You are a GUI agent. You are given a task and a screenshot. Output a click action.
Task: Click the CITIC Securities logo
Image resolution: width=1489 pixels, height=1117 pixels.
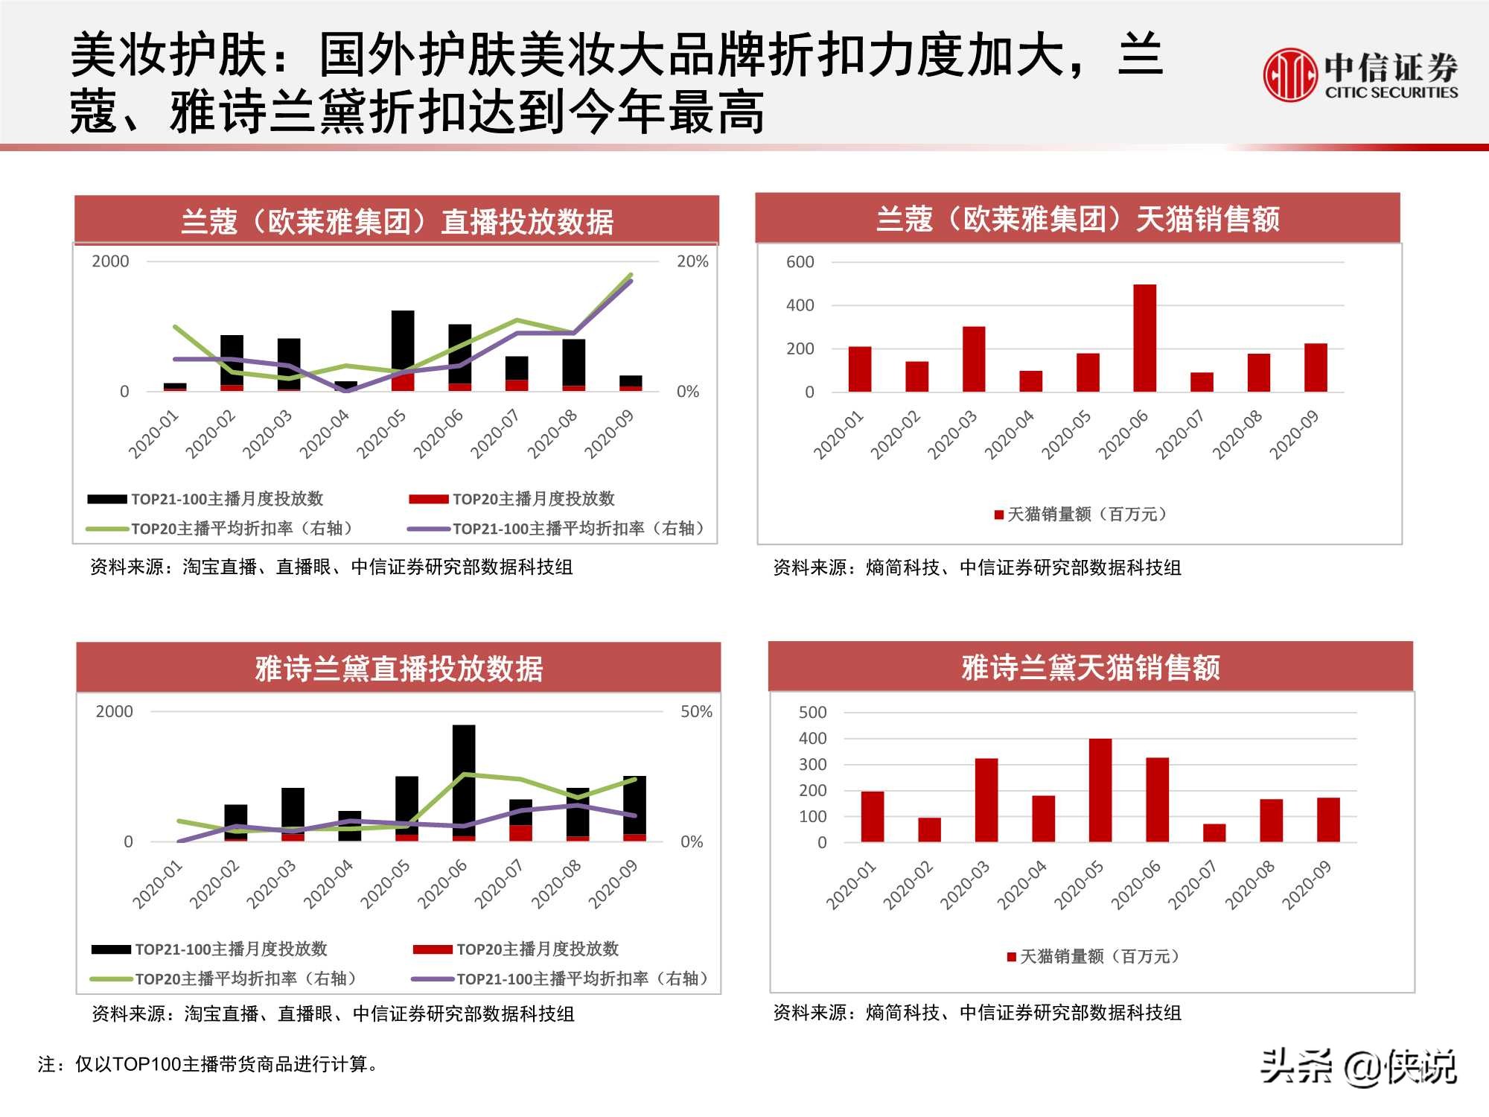[x=1359, y=74]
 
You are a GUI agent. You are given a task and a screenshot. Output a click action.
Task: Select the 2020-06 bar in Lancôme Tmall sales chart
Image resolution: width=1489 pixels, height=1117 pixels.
[x=1144, y=338]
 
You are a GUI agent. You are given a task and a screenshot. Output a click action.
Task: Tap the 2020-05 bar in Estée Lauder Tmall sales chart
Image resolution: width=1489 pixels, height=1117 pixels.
[x=1100, y=790]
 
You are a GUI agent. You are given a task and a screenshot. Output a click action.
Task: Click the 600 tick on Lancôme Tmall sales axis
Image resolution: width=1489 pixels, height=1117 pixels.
[x=800, y=262]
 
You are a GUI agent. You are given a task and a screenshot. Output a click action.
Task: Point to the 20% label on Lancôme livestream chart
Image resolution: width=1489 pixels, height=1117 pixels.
[x=692, y=261]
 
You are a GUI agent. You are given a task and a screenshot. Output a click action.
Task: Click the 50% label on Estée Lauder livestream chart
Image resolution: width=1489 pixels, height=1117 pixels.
[x=695, y=712]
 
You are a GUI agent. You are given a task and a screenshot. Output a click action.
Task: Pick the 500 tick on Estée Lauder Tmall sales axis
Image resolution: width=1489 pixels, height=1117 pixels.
[x=812, y=713]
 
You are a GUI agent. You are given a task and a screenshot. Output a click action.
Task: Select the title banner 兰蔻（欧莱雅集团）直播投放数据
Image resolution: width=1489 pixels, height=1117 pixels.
[x=397, y=221]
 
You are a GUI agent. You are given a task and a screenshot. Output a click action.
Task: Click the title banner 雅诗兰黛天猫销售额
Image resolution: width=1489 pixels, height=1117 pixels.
[x=1091, y=667]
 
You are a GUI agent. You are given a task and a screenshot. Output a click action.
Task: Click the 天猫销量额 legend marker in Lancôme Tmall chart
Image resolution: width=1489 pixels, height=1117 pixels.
[x=999, y=515]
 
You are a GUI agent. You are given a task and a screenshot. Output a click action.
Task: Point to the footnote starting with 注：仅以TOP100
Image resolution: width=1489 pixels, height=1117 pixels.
[x=208, y=1064]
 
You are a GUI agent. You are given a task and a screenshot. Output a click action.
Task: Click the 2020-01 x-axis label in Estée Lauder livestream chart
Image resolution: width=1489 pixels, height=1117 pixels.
[x=157, y=884]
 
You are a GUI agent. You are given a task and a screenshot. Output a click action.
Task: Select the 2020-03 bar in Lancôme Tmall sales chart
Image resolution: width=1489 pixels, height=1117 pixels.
[x=973, y=359]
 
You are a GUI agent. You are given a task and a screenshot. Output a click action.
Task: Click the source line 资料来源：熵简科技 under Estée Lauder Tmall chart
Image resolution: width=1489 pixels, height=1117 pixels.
[x=977, y=1013]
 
